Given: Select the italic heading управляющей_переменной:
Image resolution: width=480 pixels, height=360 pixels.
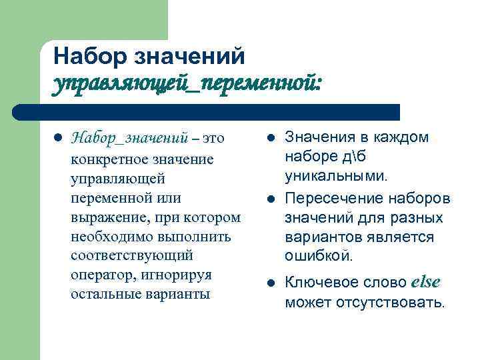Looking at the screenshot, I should [x=187, y=83].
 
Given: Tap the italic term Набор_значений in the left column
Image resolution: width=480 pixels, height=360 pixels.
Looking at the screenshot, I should [x=129, y=139].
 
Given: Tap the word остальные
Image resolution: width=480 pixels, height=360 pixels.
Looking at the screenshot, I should [x=102, y=294].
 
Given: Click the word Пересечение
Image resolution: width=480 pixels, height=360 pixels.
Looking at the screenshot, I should [x=327, y=199].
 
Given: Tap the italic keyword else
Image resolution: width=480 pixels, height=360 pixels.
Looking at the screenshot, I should [x=426, y=282].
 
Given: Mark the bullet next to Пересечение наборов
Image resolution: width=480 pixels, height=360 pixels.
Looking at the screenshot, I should [x=271, y=199].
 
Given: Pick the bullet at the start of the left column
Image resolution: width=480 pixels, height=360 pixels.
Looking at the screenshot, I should [x=57, y=139].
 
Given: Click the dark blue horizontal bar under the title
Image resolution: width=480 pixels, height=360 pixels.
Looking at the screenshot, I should [x=207, y=111].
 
